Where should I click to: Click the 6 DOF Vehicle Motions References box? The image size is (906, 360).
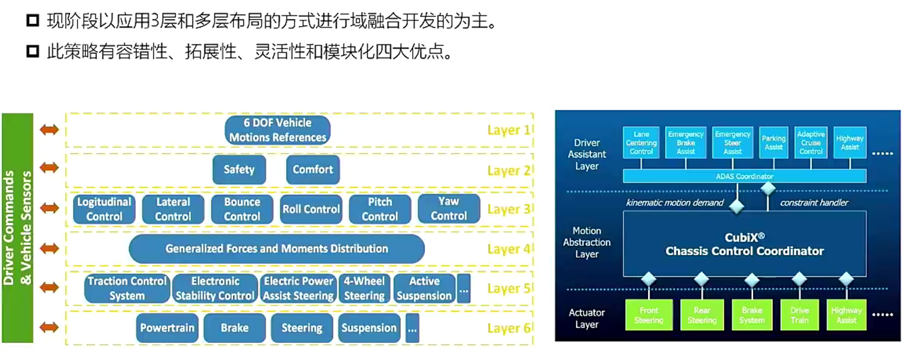(x=278, y=130)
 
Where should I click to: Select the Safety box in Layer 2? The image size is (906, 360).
(x=239, y=170)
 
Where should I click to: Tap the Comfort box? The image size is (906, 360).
(x=312, y=170)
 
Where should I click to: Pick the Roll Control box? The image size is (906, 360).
(x=311, y=209)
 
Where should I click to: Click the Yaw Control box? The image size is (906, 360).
(x=448, y=209)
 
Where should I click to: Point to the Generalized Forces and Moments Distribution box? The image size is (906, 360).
(x=276, y=249)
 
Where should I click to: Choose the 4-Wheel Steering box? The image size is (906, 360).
(x=364, y=288)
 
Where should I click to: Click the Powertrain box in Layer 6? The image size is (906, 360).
(x=167, y=328)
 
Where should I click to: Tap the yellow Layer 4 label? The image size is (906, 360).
(x=508, y=249)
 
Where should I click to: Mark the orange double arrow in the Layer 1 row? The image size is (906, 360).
(x=50, y=130)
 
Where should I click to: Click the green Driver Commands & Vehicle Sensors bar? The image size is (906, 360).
(x=18, y=227)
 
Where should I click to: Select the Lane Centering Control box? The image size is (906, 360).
(x=641, y=142)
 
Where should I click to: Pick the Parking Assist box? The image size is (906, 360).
(x=774, y=142)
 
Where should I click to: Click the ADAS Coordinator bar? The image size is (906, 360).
(x=744, y=176)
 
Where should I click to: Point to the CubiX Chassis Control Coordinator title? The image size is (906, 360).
(x=744, y=245)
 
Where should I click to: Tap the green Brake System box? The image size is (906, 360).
(x=752, y=315)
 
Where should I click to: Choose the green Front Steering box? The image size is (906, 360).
(x=649, y=315)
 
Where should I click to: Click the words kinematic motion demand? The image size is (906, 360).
(x=674, y=203)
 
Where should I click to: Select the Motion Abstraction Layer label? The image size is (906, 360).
(x=587, y=242)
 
